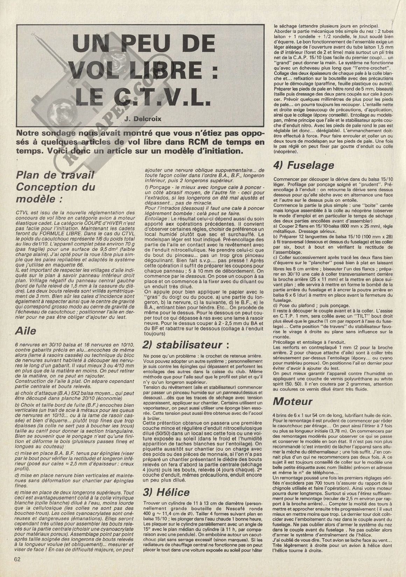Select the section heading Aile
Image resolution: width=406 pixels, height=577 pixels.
pos(26,330)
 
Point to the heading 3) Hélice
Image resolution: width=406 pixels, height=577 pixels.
pos(166,492)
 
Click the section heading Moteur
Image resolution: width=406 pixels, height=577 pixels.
pos(293,401)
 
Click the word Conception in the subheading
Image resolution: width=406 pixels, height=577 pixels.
pos(56,187)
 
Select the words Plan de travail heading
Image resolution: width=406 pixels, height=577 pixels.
pos(55,175)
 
